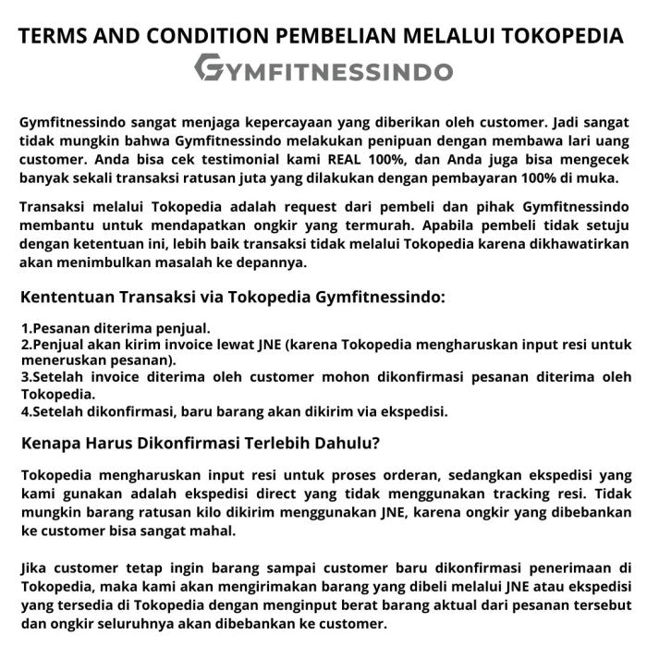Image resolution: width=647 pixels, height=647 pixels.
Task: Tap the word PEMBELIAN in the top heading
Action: click(337, 36)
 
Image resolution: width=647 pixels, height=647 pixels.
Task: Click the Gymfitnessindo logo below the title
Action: click(323, 70)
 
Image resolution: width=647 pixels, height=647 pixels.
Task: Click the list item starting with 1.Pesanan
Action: click(116, 327)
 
